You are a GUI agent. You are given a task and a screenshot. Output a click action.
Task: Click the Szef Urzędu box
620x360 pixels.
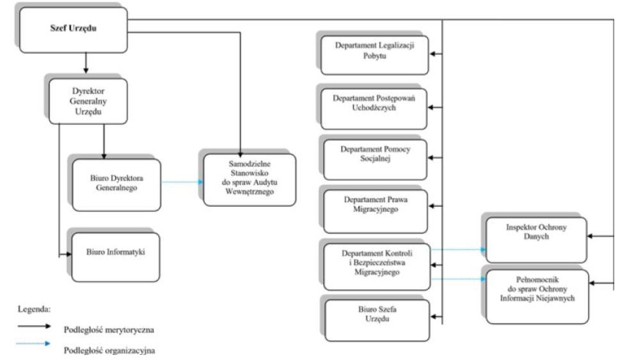pyautogui.click(x=73, y=29)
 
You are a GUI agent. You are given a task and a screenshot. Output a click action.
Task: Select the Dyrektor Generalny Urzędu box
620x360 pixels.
pyautogui.click(x=88, y=101)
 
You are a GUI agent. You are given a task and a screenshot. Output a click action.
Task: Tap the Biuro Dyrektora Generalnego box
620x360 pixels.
pyautogui.click(x=116, y=185)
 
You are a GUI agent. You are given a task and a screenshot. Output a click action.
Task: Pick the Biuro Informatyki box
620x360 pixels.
pyautogui.click(x=115, y=257)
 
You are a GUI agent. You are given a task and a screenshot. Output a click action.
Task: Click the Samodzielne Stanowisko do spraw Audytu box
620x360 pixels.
pyautogui.click(x=250, y=180)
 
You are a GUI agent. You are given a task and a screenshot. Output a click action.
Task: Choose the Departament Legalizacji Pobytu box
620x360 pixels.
pyautogui.click(x=374, y=55)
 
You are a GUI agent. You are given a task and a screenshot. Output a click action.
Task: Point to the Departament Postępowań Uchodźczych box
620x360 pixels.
pyautogui.click(x=374, y=109)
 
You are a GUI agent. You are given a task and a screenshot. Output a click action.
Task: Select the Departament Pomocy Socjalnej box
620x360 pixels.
pyautogui.click(x=375, y=159)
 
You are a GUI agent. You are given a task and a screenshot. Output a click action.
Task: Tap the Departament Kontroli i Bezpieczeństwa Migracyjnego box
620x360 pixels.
pyautogui.click(x=377, y=267)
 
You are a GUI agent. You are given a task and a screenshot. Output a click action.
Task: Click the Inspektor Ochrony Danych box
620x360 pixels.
pyautogui.click(x=536, y=240)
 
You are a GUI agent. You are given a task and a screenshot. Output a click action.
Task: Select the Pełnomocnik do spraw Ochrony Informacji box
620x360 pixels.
pyautogui.click(x=537, y=297)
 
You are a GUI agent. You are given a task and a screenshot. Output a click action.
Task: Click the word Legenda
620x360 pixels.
pyautogui.click(x=35, y=309)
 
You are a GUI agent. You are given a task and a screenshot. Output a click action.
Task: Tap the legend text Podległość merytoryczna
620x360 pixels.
pyautogui.click(x=109, y=329)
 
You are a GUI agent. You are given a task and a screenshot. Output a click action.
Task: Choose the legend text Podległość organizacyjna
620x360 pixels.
pyautogui.click(x=109, y=350)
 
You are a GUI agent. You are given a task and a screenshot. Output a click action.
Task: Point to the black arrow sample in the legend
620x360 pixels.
pyautogui.click(x=34, y=326)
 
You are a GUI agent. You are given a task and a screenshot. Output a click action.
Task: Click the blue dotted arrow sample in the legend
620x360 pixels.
pyautogui.click(x=33, y=343)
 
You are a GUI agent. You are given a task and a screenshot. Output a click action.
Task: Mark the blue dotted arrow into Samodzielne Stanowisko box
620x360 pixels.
pyautogui.click(x=182, y=182)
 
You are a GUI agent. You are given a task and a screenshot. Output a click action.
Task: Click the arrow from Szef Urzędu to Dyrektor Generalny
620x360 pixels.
pyautogui.click(x=86, y=63)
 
